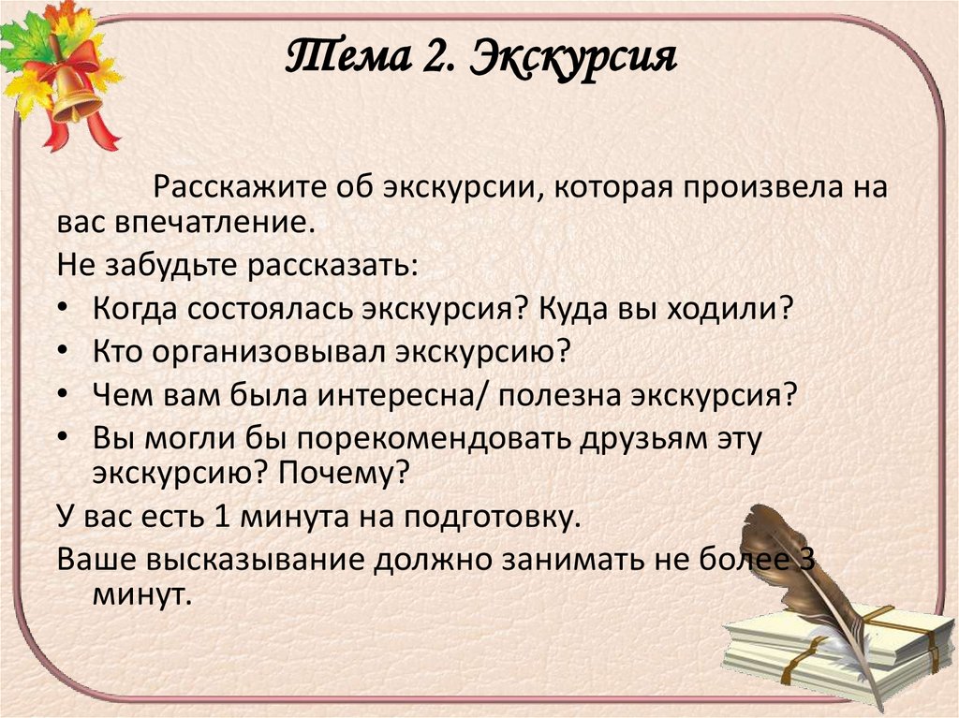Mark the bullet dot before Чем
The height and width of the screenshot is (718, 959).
64,396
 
